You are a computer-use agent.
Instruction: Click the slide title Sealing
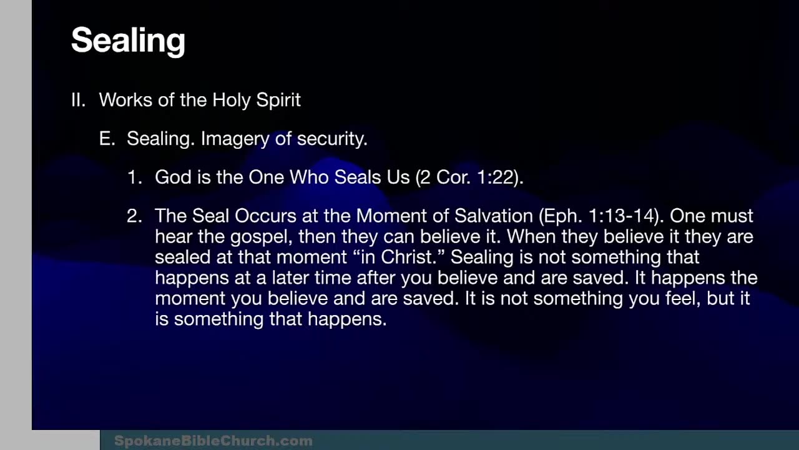tap(128, 41)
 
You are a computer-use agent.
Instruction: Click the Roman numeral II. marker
tap(78, 100)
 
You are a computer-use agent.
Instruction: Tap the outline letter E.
tap(107, 139)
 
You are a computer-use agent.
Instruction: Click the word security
tap(331, 139)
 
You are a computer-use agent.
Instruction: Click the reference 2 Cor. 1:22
tap(469, 177)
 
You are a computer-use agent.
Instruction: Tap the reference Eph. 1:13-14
tap(599, 216)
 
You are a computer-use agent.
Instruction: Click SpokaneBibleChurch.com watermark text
tap(213, 441)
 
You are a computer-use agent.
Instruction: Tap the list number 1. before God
tap(135, 177)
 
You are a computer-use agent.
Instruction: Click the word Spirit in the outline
tap(278, 100)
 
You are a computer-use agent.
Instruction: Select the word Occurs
tap(265, 216)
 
